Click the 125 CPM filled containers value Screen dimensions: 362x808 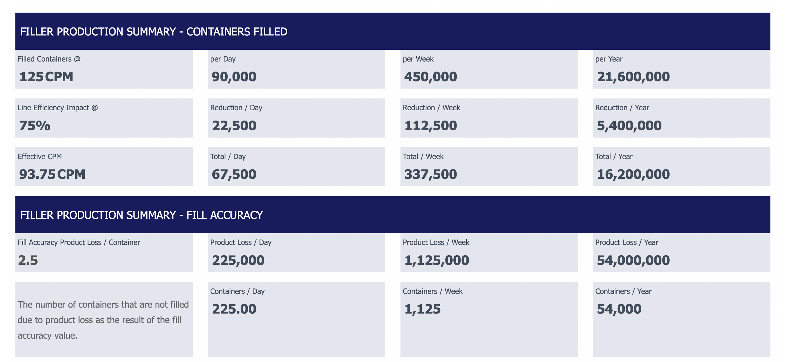click(46, 77)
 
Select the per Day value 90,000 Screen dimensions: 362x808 click(234, 77)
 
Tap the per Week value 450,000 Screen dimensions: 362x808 click(430, 77)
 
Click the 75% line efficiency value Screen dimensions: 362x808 click(35, 126)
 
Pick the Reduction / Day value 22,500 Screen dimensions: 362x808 click(234, 126)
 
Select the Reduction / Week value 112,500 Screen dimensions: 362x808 click(430, 126)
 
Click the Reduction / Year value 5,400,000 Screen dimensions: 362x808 click(629, 126)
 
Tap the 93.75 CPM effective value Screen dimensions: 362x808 click(52, 174)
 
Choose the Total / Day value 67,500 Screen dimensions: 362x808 click(234, 174)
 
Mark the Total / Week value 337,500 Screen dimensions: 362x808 click(430, 174)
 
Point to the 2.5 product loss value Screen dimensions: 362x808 click(28, 260)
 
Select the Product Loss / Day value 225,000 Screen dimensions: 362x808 click(238, 260)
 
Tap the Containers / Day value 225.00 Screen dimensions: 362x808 click(234, 309)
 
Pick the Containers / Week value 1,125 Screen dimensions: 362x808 click(422, 309)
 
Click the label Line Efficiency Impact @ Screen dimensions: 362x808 click(58, 107)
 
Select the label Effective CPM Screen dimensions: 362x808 click(40, 157)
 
